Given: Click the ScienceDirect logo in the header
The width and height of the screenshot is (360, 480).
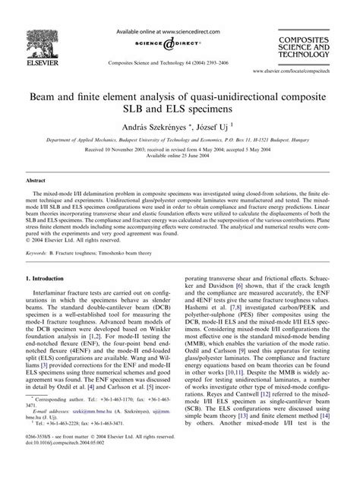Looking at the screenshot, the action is [179, 44].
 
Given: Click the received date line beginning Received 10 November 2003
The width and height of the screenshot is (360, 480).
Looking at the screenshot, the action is [179, 150].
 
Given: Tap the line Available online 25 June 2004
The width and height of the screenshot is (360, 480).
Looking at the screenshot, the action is [179, 157].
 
